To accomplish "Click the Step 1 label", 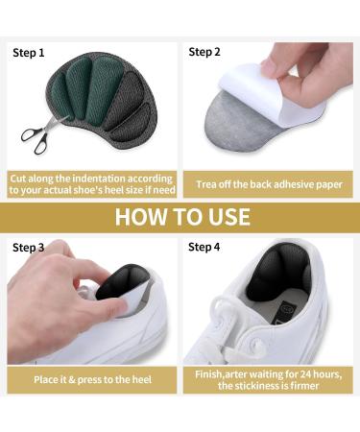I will tap(29, 53).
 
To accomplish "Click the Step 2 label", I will tap(204, 52).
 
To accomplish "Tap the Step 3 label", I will tap(29, 248).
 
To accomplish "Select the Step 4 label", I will tap(204, 248).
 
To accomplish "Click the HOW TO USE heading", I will tap(181, 216).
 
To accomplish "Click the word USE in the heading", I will tap(222, 216).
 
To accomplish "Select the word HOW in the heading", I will tap(140, 216).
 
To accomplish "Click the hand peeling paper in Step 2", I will tap(312, 72).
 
